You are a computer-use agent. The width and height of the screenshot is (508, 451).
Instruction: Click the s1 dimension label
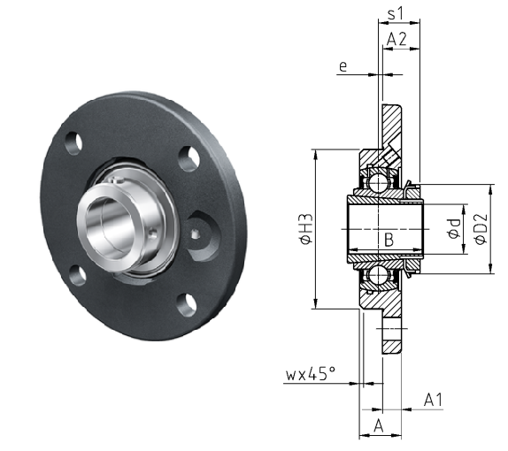[395, 13]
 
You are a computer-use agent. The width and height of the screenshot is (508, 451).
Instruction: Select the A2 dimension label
[396, 39]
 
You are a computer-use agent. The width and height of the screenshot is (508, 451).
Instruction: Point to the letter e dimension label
[343, 66]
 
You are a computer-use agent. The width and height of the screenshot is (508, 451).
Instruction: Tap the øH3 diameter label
[306, 228]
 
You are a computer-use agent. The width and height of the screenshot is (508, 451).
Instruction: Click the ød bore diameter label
[454, 228]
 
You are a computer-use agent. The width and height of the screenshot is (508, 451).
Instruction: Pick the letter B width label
[389, 240]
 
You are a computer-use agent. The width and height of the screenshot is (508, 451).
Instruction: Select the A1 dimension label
[433, 400]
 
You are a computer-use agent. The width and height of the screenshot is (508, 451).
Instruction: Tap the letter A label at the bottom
[379, 425]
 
